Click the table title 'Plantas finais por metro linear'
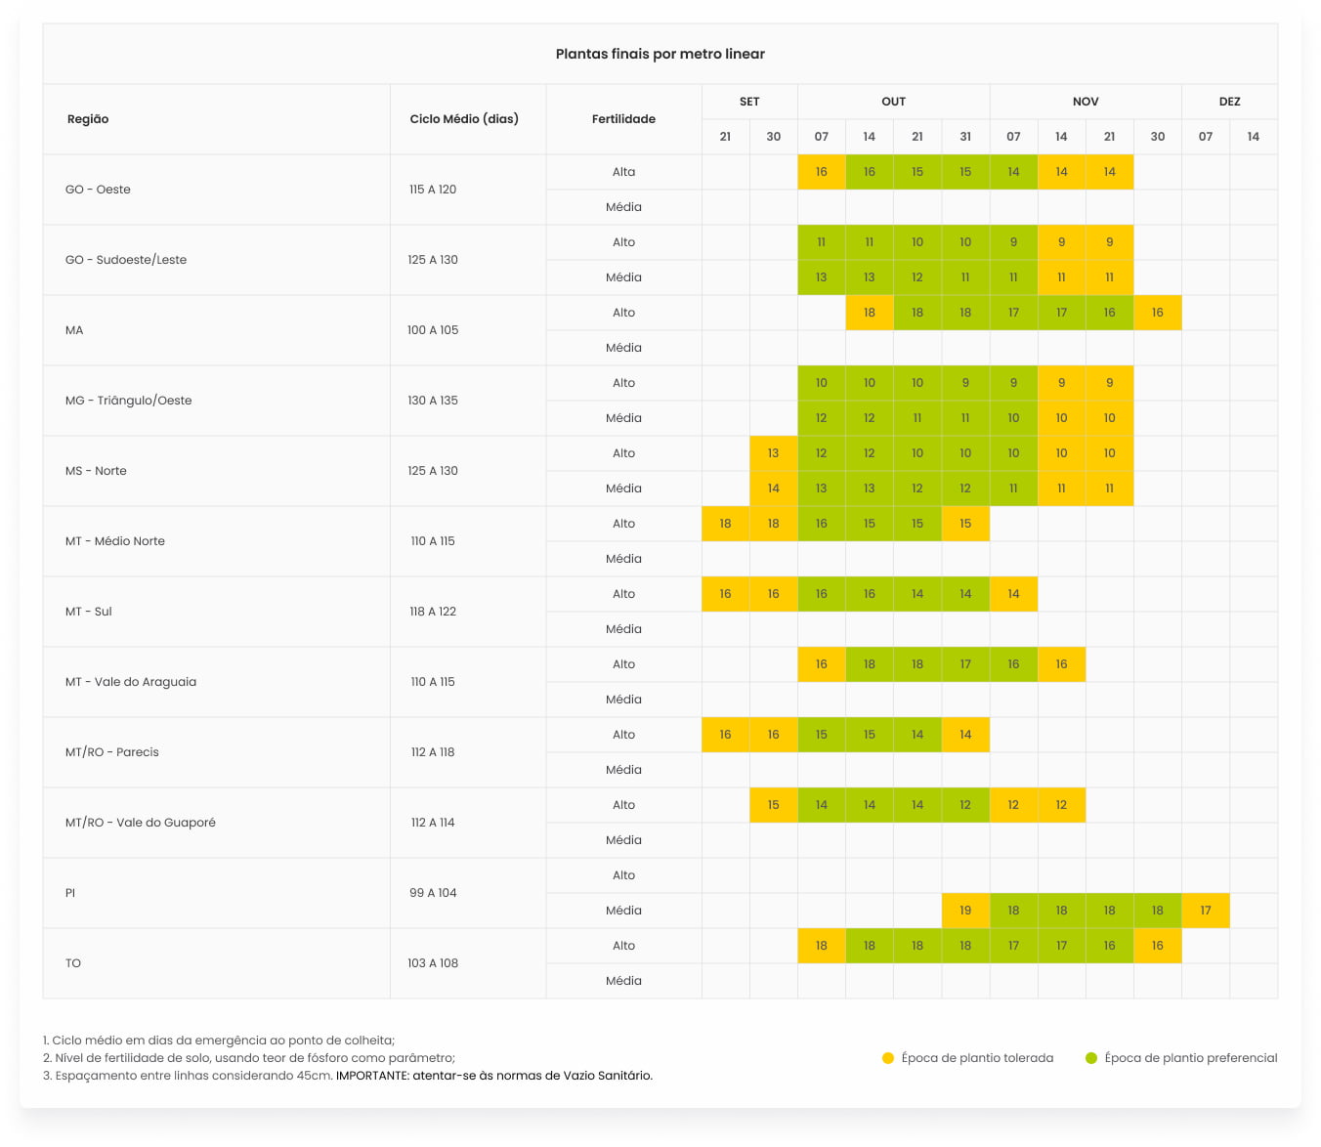(x=660, y=55)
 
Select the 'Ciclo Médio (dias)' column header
(x=464, y=119)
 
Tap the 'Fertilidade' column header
(x=623, y=119)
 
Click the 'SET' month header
(x=749, y=102)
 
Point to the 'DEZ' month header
(x=1229, y=102)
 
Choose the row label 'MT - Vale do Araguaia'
(x=131, y=682)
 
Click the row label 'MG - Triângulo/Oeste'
(x=129, y=401)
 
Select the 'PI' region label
(x=70, y=893)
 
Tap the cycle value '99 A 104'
(x=433, y=893)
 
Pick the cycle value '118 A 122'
(x=433, y=612)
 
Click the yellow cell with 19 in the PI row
(x=965, y=911)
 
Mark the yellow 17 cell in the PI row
(x=1206, y=911)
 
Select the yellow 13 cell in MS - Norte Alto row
(x=773, y=453)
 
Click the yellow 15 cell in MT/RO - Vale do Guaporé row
(x=773, y=805)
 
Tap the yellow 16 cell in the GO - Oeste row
(x=821, y=172)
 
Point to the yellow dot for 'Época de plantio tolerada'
(x=888, y=1058)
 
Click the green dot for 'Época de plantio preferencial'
(x=1091, y=1058)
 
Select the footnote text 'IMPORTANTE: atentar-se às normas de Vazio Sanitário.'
(x=494, y=1076)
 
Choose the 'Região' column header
(x=88, y=119)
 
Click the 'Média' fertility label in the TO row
(x=623, y=981)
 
